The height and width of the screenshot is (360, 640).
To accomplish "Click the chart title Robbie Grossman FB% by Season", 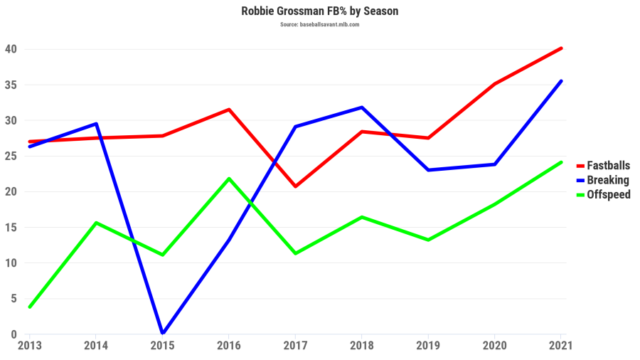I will (x=319, y=11).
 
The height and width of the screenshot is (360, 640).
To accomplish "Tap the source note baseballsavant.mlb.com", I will (x=319, y=24).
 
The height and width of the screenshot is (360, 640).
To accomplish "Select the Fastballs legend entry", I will (x=608, y=166).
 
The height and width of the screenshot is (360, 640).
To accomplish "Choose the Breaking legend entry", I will (x=607, y=180).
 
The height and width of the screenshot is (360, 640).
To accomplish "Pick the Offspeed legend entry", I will (x=608, y=194).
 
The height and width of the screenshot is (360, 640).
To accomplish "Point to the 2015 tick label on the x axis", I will (x=163, y=345).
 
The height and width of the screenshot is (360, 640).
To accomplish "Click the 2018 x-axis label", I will (x=362, y=345).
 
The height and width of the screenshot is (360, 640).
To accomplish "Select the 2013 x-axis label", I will (x=29, y=345).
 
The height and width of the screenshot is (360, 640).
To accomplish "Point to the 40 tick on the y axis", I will (x=11, y=49).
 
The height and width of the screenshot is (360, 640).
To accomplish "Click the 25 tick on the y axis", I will (x=11, y=156).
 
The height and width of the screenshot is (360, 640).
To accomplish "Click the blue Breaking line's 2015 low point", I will (x=163, y=333).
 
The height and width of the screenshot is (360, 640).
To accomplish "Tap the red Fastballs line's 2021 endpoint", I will (x=561, y=48).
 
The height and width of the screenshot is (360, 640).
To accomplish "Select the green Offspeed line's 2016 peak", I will (x=228, y=179).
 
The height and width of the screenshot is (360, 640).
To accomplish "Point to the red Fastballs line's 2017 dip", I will (x=295, y=186).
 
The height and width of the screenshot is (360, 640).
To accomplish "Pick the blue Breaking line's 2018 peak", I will (x=362, y=107).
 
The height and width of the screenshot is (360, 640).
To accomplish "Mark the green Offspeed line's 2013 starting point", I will (x=29, y=307).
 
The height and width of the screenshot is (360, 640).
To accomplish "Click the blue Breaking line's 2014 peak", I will (x=96, y=124).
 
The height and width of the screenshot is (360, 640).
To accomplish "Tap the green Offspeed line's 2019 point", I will (x=428, y=240).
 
